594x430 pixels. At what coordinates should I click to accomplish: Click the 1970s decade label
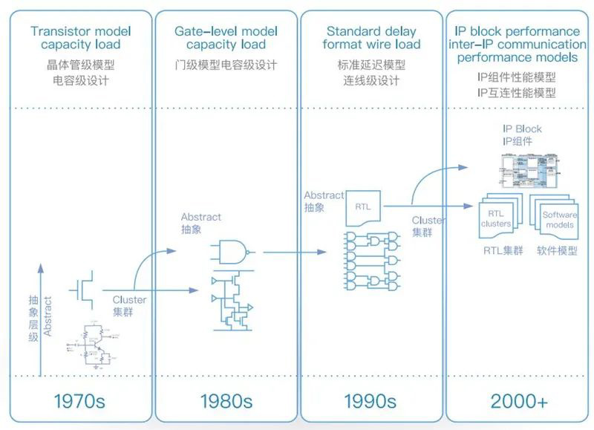coord(79,402)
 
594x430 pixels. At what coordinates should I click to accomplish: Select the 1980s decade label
coord(226,402)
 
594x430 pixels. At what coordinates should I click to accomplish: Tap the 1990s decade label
coord(370,402)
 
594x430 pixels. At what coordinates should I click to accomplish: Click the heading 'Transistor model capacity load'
coord(81,38)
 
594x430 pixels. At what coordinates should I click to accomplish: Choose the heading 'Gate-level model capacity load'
coord(226,38)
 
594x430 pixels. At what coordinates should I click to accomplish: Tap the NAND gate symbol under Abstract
coord(230,252)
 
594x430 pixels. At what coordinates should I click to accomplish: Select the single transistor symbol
coord(83,289)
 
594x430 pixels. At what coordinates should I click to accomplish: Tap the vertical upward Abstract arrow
coord(35,312)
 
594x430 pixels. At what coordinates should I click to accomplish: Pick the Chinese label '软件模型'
coord(557,250)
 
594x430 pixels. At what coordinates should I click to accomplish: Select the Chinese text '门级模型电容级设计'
coord(226,65)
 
